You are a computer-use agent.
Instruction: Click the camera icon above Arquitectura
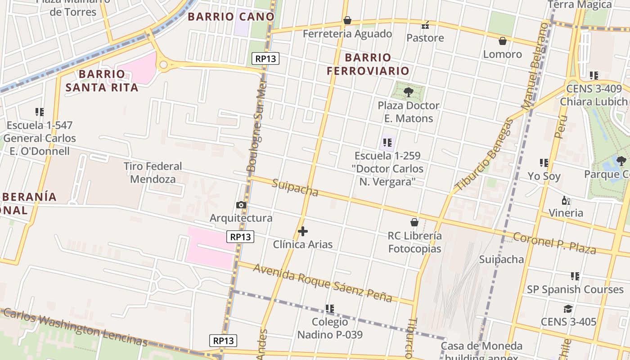click(x=241, y=205)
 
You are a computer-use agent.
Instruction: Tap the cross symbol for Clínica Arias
click(x=303, y=232)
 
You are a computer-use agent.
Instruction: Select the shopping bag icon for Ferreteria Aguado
click(x=347, y=20)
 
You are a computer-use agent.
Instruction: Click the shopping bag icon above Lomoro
click(x=503, y=41)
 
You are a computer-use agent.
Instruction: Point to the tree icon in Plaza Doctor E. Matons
click(x=409, y=93)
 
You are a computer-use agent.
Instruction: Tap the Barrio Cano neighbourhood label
click(x=231, y=17)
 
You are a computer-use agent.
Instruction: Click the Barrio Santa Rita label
click(x=102, y=81)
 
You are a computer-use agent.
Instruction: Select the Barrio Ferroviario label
click(x=368, y=64)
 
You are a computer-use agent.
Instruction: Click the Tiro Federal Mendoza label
click(x=153, y=173)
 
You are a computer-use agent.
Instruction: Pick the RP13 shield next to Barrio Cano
click(x=265, y=58)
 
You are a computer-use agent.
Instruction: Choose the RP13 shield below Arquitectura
click(x=241, y=237)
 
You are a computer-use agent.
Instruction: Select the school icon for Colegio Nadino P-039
click(x=330, y=309)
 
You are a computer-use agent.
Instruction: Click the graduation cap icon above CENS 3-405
click(x=568, y=309)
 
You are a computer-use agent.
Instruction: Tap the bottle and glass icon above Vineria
click(x=566, y=200)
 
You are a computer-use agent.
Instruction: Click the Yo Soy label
click(x=544, y=176)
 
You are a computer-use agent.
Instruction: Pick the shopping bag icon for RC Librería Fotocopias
click(x=414, y=222)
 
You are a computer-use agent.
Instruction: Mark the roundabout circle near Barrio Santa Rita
click(x=163, y=65)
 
